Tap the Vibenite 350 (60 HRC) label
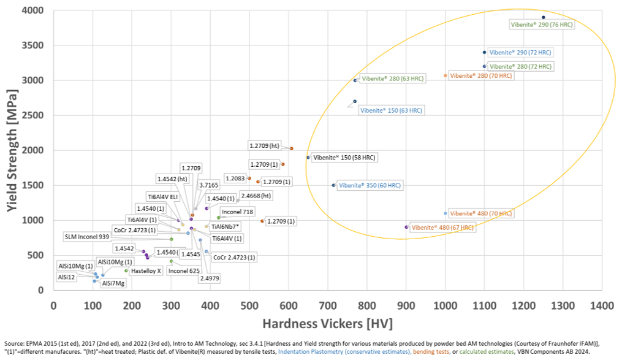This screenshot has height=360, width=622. click(x=370, y=185)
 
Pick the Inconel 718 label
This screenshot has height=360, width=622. click(x=235, y=212)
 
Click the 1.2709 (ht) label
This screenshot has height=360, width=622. click(x=264, y=145)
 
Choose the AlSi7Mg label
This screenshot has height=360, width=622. click(x=113, y=283)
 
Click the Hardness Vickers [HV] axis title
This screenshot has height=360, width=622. click(x=327, y=323)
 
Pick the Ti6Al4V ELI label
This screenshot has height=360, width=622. click(x=162, y=197)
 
